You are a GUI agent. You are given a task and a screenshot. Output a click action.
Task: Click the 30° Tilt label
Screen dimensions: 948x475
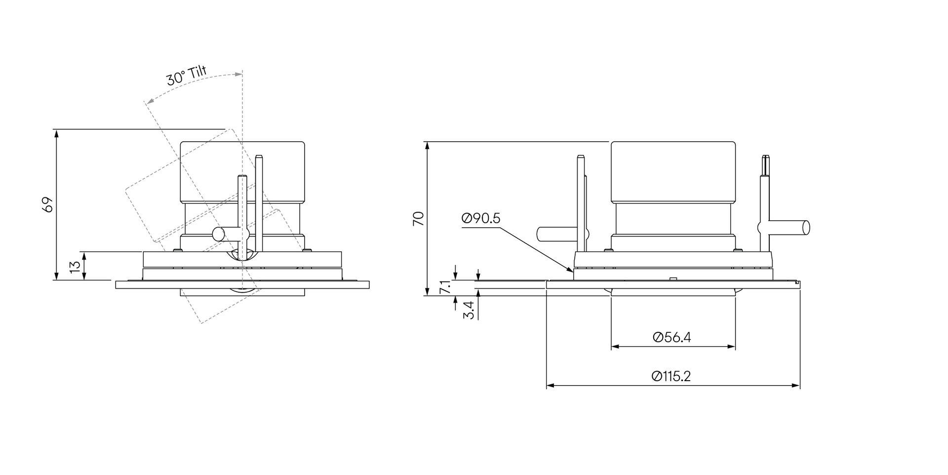186,76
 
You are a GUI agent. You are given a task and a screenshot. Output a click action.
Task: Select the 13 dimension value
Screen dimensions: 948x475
75,266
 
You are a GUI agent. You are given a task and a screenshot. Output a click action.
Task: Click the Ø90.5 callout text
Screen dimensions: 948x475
481,218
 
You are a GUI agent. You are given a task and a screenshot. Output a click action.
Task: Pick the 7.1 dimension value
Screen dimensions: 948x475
445,287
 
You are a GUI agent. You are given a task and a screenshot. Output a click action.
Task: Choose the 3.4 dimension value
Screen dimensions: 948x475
470,310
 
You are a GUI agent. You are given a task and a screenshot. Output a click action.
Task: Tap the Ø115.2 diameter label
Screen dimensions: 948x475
671,376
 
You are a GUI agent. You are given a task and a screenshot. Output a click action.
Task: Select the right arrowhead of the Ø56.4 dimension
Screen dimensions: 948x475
731,347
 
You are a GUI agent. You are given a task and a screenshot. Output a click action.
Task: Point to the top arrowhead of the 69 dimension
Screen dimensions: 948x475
56,134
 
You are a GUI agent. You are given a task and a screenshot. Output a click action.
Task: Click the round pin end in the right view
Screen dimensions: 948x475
806,227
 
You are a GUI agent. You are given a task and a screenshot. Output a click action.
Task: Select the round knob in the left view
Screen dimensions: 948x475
217,234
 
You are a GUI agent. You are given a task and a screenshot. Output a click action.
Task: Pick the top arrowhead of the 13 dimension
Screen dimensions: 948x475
85,256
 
